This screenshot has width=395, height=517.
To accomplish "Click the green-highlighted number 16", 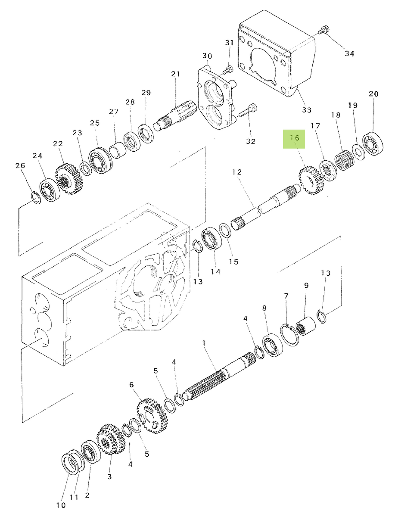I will pyautogui.click(x=294, y=138).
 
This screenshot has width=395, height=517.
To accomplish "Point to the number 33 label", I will pyautogui.click(x=306, y=110).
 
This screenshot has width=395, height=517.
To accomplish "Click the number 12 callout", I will pyautogui.click(x=237, y=172).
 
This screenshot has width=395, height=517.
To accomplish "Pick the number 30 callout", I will pyautogui.click(x=207, y=56).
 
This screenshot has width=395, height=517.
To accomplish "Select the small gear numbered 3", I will pyautogui.click(x=109, y=440).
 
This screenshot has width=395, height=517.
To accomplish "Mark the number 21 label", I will pyautogui.click(x=175, y=74).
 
